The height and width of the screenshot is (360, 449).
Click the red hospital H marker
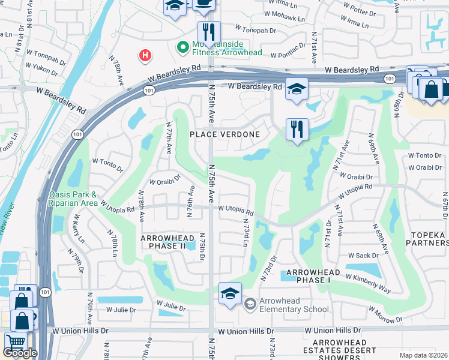tap(145, 56)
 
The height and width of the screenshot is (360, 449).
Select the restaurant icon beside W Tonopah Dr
tap(209, 31)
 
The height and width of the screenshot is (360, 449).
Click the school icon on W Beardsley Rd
tap(296, 89)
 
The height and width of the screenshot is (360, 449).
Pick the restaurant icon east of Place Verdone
tap(297, 129)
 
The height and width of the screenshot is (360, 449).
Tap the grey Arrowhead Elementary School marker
tap(250, 305)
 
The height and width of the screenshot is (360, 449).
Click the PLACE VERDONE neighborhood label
tap(225, 134)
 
